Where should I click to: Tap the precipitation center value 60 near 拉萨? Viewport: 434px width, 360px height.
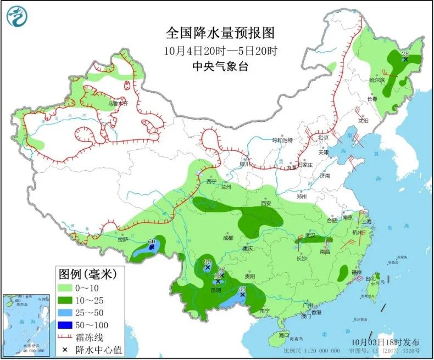(151, 242)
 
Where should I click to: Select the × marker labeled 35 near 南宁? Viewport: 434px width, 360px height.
(242, 294)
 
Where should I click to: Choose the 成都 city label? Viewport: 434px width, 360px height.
(227, 238)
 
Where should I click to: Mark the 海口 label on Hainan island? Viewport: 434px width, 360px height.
(283, 334)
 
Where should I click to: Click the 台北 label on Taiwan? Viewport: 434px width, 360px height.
(372, 278)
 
